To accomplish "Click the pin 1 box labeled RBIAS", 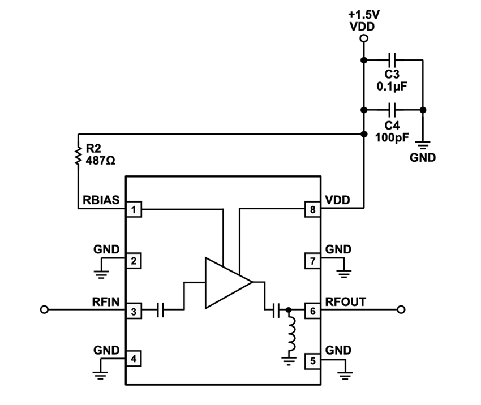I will (x=134, y=210).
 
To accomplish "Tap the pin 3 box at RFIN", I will (x=134, y=310).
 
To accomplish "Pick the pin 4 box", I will (x=134, y=359).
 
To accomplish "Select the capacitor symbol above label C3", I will (x=393, y=59).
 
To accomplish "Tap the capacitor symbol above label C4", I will (x=393, y=109).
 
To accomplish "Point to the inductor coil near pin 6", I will (x=290, y=335).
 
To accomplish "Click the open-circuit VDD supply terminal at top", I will (x=364, y=38).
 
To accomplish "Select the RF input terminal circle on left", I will (x=45, y=310).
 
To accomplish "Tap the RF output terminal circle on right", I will (x=401, y=310).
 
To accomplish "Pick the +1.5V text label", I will (x=364, y=13).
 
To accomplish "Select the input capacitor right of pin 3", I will (x=160, y=310).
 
